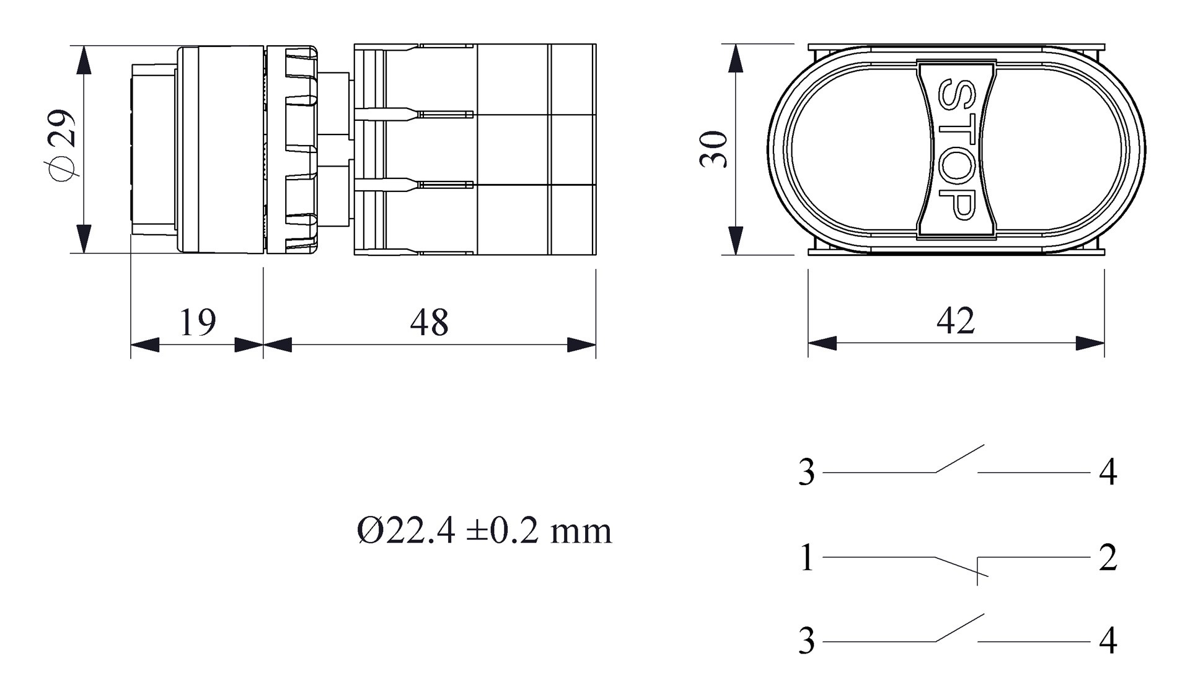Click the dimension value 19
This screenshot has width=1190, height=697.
coord(198,322)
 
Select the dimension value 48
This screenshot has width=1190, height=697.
coord(429,322)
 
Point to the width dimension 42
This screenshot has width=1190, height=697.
coord(955,320)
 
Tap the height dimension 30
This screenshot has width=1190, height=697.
coord(714,149)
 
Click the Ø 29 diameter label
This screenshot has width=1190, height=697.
coord(63,146)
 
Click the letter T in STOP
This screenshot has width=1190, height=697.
coord(956,128)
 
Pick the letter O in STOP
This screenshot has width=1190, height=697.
coord(956,165)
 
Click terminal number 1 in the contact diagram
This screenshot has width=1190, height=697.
coord(806,557)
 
